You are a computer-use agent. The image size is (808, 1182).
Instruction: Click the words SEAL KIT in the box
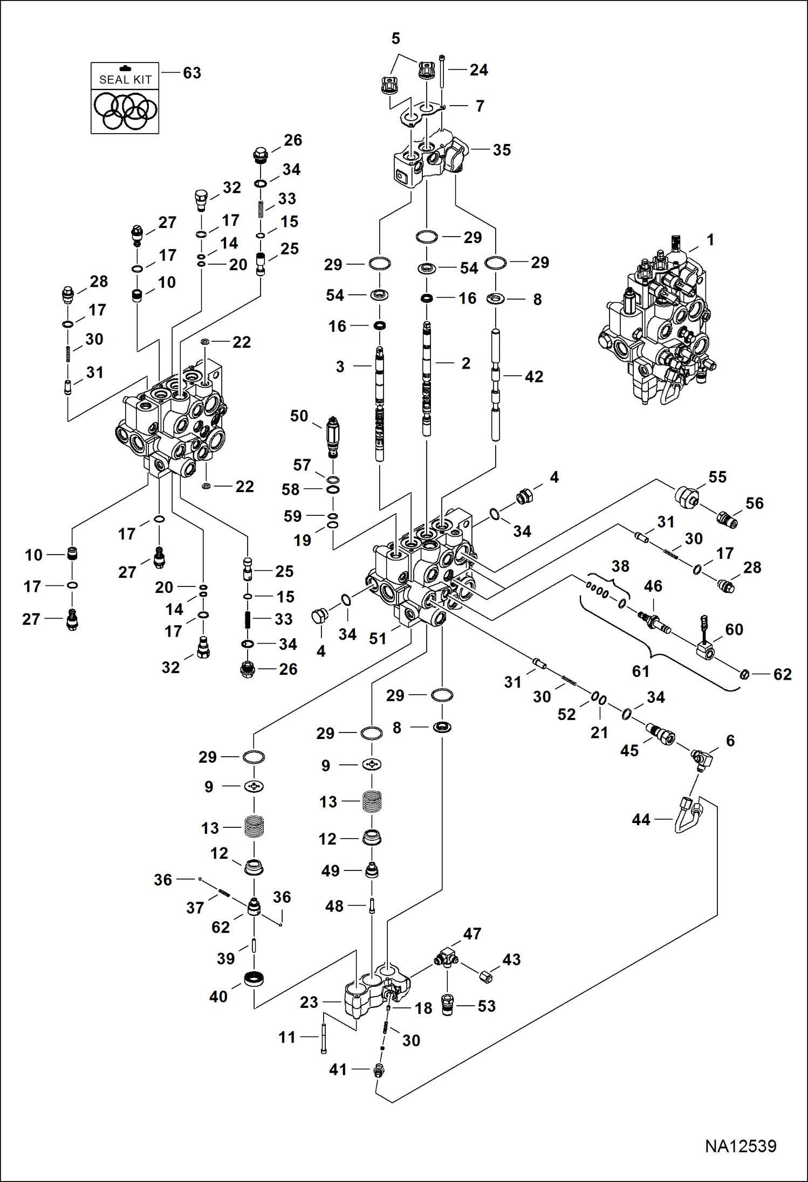point(125,80)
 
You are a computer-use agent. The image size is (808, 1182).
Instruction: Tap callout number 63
point(192,73)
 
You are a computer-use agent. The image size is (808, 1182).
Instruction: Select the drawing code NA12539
point(741,1146)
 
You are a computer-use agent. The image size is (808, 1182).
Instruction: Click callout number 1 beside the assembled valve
point(710,239)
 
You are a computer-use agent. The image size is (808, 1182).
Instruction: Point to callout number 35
point(502,150)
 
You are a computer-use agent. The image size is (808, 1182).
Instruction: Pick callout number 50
point(299,416)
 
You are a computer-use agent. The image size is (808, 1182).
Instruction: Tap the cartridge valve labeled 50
point(333,437)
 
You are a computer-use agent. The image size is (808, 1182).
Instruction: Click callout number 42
point(534,376)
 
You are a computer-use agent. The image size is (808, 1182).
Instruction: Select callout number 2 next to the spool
point(466,363)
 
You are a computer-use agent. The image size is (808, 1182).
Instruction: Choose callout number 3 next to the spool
point(340,367)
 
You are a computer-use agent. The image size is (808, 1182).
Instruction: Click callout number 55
point(717,476)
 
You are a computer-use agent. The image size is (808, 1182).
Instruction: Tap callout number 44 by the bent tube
point(641,819)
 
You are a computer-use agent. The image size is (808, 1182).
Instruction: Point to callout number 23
point(309,1002)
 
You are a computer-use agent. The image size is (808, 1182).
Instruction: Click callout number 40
point(218,997)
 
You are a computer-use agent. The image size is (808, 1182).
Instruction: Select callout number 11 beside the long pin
point(287,1037)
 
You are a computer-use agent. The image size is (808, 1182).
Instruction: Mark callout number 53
point(487,1006)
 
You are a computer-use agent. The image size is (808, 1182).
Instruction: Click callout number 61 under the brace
point(641,671)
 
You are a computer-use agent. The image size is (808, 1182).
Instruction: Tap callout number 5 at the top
point(396,38)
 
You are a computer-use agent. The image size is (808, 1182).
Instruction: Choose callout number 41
point(338,1069)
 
